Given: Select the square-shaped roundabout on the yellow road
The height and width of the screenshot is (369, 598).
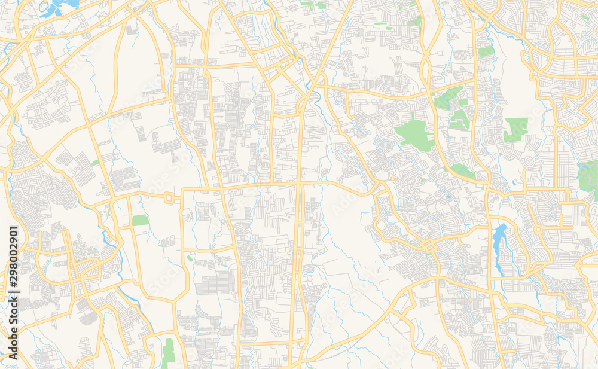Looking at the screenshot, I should (x=169, y=197).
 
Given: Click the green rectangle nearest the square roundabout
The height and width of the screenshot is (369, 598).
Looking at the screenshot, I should (x=141, y=220).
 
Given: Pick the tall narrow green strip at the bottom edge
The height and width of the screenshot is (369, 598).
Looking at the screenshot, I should (x=169, y=353).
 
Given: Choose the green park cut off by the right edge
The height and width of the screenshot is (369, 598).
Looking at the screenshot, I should (x=588, y=175).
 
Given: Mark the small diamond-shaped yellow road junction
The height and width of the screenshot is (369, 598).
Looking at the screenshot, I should (x=428, y=245).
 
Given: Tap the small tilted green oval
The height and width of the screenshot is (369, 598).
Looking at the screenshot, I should (x=190, y=258).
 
